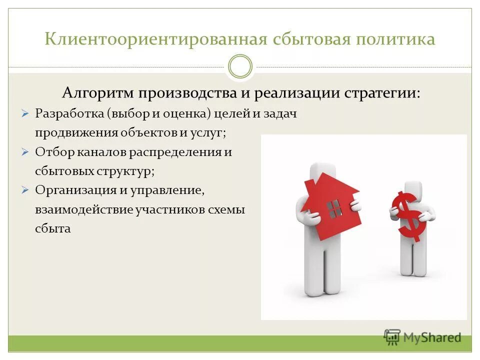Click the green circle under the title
point(240,66)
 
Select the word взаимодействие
point(83,210)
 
